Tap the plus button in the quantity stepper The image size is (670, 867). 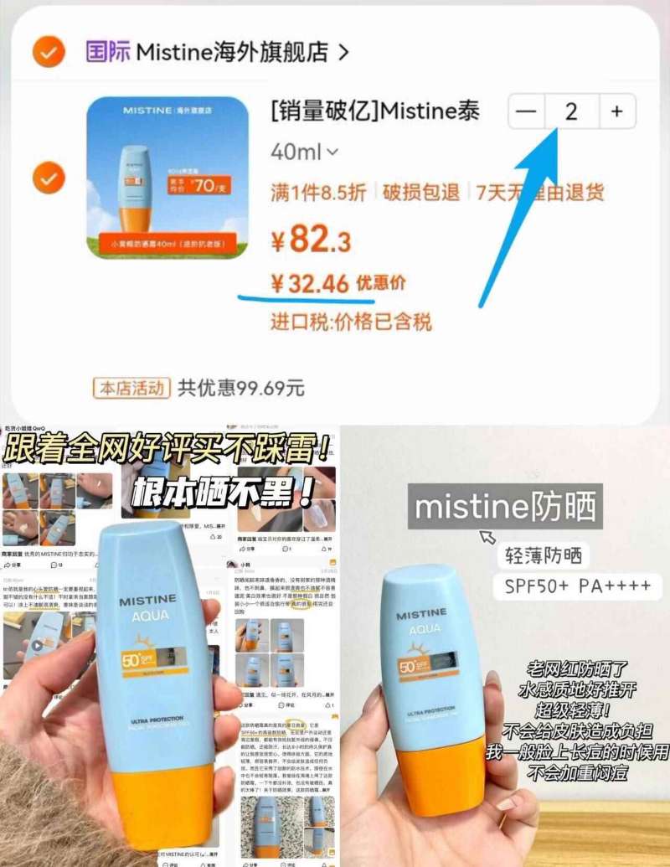coord(617,111)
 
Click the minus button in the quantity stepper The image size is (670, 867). coord(527,111)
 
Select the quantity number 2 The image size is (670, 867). coord(571,111)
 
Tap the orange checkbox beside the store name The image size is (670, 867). coord(49,52)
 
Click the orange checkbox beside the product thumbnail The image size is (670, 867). coord(49,178)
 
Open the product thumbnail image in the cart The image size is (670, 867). coord(167,178)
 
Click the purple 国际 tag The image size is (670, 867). coord(108,52)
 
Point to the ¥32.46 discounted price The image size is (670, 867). coord(311,283)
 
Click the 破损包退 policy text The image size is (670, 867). coord(421,193)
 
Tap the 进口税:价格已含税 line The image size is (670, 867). coord(351,322)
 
